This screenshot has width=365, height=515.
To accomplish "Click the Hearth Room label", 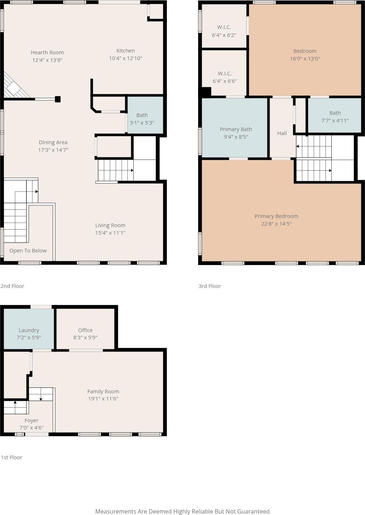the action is [x=47, y=53].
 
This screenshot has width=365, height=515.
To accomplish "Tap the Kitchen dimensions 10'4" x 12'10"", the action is [x=126, y=58].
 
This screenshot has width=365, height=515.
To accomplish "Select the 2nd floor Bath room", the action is [x=145, y=115].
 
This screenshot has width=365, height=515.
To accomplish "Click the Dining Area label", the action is [x=53, y=142].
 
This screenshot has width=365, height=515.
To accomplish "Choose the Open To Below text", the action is [x=28, y=251].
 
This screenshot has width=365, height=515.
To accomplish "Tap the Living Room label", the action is [x=110, y=225].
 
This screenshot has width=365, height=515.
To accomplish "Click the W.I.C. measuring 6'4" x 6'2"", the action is [x=224, y=27].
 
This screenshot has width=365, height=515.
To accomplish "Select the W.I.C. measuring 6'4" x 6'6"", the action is [x=224, y=73].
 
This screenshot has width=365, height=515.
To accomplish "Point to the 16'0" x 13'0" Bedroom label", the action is [x=305, y=51].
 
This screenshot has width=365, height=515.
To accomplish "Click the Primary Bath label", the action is [x=236, y=129].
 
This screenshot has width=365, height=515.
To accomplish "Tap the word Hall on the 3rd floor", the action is [x=282, y=133].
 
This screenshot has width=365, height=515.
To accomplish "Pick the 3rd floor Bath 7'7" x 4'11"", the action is [x=335, y=115].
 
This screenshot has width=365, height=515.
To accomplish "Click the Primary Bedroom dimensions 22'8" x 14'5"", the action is [x=276, y=224].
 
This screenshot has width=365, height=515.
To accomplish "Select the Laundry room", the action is [x=29, y=329].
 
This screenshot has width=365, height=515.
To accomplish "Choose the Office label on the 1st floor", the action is [x=85, y=330].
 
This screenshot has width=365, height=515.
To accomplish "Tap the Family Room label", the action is [x=103, y=391].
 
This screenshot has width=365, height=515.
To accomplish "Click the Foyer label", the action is [x=32, y=420].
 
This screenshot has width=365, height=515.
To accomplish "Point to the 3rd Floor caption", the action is [x=210, y=286].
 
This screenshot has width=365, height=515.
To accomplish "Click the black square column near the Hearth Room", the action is [x=58, y=99].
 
